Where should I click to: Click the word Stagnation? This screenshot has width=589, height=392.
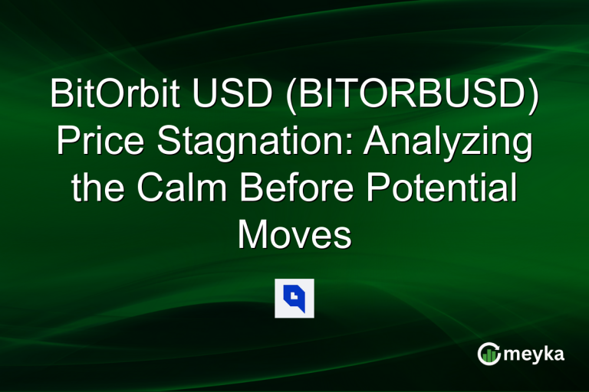pyautogui.click(x=247, y=143)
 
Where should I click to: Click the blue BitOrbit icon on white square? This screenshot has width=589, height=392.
pyautogui.click(x=294, y=298)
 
